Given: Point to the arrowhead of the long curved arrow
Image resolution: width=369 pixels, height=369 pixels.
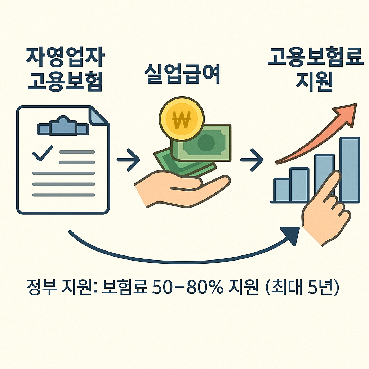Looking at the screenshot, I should click(292, 235).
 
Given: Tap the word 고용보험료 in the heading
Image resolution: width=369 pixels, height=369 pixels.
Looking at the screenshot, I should click(315, 58).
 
